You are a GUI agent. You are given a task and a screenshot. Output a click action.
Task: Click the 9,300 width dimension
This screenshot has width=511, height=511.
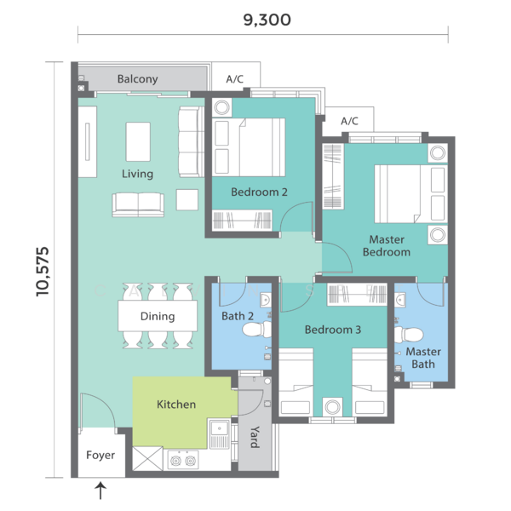[x=267, y=20]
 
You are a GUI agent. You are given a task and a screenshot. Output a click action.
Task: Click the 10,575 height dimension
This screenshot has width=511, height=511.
[x=43, y=272]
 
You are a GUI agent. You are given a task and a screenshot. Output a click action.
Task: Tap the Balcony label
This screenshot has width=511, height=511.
[x=137, y=79]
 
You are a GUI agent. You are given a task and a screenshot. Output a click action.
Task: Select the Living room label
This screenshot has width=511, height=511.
[x=137, y=174]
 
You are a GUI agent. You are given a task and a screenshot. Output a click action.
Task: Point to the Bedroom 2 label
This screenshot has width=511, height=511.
[x=259, y=192]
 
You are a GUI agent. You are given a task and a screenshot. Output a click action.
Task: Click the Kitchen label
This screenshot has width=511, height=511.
[x=176, y=404]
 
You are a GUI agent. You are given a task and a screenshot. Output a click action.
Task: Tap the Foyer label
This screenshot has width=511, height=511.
[x=100, y=455]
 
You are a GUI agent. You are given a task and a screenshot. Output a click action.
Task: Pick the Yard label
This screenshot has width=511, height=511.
[x=255, y=437]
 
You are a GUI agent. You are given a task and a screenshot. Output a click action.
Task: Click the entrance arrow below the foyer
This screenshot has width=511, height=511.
[x=100, y=491]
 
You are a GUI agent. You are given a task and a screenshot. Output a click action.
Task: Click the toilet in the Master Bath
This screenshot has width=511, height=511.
[x=409, y=335]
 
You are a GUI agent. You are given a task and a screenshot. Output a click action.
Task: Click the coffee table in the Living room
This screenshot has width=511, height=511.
[x=138, y=141]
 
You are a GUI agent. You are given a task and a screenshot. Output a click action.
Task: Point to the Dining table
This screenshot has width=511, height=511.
[x=158, y=316]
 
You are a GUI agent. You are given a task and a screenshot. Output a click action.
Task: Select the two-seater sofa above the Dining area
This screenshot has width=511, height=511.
[x=138, y=204]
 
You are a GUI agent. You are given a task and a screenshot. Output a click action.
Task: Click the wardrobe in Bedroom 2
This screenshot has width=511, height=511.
[x=242, y=221]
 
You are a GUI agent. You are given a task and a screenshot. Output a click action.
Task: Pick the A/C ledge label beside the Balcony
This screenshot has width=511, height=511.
[x=235, y=79]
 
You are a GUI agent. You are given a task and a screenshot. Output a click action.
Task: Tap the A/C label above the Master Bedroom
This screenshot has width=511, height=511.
[x=349, y=121]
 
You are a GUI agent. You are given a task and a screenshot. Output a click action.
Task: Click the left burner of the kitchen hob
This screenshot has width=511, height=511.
[x=175, y=461]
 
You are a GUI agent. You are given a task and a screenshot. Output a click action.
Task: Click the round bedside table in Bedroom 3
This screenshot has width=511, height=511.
[x=333, y=407]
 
